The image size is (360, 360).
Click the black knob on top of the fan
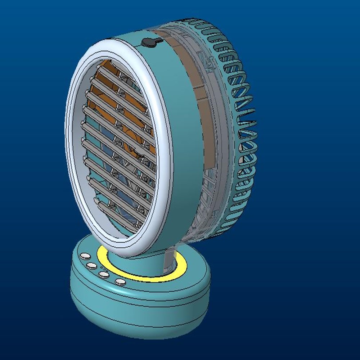148,42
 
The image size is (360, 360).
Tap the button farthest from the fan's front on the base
85,256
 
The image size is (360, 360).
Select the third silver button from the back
104,274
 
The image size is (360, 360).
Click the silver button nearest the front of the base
120,282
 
